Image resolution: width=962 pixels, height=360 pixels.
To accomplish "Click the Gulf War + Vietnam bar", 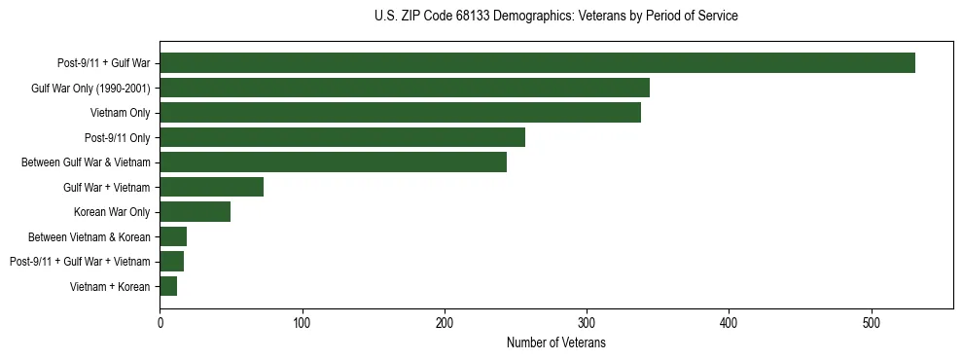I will [x=211, y=187].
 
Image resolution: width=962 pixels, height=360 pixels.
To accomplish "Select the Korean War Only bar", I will [x=195, y=212].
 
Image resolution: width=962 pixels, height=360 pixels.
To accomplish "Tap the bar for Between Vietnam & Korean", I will [x=173, y=236].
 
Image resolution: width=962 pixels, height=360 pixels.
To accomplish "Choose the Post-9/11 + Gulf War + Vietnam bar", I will [x=171, y=262].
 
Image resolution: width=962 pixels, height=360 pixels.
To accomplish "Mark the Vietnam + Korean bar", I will [x=168, y=286].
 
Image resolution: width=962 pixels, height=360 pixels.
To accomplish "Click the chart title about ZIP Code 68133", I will [x=556, y=17].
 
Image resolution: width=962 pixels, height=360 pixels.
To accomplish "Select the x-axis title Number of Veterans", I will [x=556, y=343].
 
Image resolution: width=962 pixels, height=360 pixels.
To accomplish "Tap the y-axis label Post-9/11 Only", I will [x=118, y=138].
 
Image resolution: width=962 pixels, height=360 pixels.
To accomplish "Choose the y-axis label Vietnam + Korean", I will [x=110, y=287].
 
